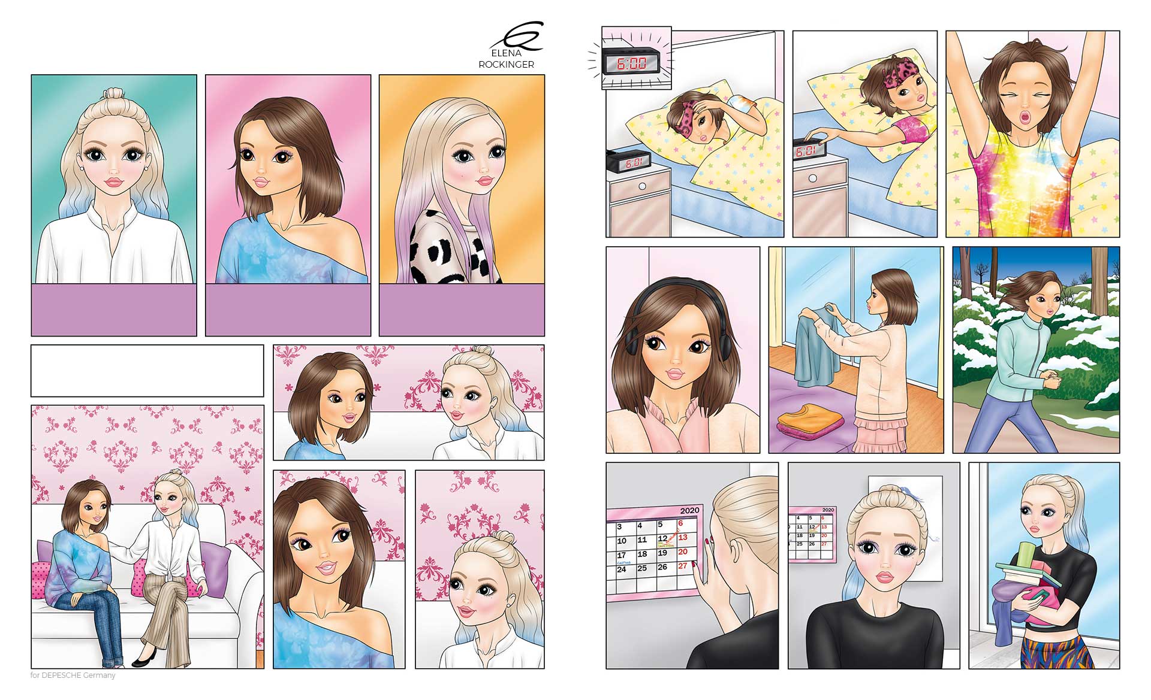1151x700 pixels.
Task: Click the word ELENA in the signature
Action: (506, 53)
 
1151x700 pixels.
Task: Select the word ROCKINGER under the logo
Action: (506, 65)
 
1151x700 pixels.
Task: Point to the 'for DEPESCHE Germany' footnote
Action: (73, 675)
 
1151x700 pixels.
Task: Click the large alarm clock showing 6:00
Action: (632, 62)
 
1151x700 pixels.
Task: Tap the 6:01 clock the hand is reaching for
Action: (807, 151)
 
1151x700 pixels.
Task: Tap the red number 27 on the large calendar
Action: (682, 566)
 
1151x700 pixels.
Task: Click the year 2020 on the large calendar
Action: (689, 511)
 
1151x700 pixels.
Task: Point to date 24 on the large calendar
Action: (622, 569)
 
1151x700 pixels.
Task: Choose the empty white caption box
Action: (147, 371)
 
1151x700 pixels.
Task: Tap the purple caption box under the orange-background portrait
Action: (462, 310)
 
